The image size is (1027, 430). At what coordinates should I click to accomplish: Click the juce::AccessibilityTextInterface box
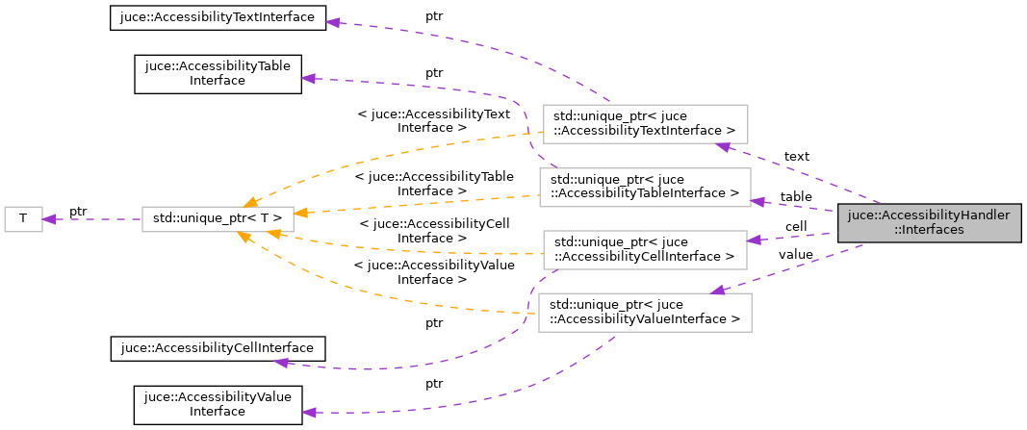[x=218, y=19]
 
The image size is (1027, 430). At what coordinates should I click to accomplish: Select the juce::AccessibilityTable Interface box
[x=218, y=73]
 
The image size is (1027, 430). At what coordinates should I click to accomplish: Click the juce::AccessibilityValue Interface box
[x=218, y=403]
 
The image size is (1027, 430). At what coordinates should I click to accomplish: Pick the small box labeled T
[x=23, y=218]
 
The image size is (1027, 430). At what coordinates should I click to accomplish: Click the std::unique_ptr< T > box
[x=211, y=218]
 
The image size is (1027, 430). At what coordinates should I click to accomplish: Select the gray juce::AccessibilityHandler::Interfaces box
[x=928, y=223]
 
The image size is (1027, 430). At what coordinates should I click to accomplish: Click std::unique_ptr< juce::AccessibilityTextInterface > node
[x=645, y=123]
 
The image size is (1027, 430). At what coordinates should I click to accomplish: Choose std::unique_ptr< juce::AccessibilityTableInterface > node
[x=644, y=187]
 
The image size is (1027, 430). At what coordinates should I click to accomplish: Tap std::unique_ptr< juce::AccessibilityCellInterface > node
[x=644, y=249]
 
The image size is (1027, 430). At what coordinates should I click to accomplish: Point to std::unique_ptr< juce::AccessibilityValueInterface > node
[x=644, y=312]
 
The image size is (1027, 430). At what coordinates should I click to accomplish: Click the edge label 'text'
[x=796, y=156]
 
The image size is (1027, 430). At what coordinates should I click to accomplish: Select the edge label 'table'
[x=795, y=196]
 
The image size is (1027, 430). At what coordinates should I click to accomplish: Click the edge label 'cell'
[x=795, y=226]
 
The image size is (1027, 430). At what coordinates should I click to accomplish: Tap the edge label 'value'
[x=795, y=255]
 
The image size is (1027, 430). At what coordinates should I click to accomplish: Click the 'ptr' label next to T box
[x=78, y=211]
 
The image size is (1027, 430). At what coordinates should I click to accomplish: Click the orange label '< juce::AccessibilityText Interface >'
[x=433, y=120]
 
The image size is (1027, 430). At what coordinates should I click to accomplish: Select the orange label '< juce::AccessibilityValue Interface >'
[x=433, y=272]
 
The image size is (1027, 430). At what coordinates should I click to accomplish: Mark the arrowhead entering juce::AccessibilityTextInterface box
[x=334, y=21]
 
